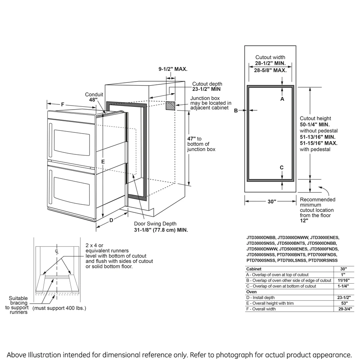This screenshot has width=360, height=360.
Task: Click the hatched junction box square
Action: pos(170,106)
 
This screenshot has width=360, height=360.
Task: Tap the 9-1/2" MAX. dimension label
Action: pos(173,69)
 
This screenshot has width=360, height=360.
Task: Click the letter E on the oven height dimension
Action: pos(103,161)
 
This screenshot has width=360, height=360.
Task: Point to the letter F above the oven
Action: pos(63,104)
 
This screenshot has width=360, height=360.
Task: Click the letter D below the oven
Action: pos(112,220)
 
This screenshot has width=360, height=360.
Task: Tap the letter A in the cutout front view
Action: pos(282,99)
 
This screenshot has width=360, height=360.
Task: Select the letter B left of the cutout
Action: pos(236,110)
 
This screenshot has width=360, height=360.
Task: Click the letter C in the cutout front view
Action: pos(282,167)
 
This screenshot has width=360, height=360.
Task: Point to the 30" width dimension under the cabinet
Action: pos(272,202)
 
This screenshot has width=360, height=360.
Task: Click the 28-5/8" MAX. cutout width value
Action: pos(270,70)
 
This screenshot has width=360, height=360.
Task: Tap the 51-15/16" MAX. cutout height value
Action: pos(318,143)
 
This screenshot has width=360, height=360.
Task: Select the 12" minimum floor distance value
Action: pos(304,220)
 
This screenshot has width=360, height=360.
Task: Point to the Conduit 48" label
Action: pos(94,97)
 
